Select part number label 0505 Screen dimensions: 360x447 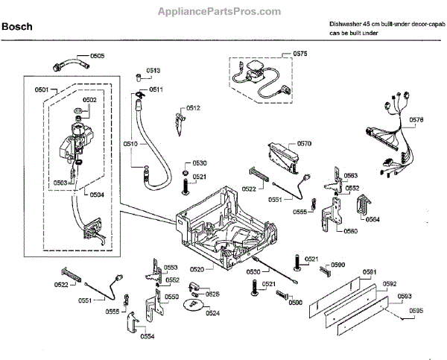(x=98, y=56)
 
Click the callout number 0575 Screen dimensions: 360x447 (x=299, y=54)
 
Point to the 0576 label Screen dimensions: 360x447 (x=416, y=119)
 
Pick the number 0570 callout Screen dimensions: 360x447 (x=304, y=143)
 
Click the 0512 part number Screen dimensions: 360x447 (x=193, y=108)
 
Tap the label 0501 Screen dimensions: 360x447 (x=42, y=89)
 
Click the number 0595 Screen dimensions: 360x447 (x=416, y=310)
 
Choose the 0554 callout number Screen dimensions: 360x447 (x=147, y=336)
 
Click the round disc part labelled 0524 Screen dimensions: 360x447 (x=195, y=302)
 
